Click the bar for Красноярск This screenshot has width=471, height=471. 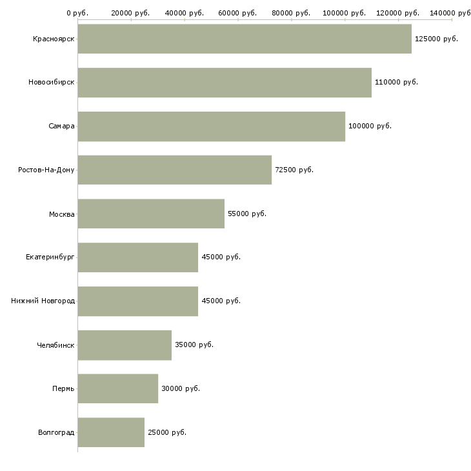point(244,39)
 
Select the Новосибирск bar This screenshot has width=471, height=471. point(224,83)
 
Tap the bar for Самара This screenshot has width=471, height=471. point(211,126)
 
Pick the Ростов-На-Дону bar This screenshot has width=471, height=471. point(174,170)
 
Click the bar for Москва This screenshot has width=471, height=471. point(151,214)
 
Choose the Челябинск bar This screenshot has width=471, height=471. point(125,345)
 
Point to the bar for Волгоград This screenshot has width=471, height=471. point(111,432)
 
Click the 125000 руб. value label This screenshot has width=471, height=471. point(436,39)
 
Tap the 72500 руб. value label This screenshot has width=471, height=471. point(294,170)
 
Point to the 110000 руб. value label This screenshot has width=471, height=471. point(396,83)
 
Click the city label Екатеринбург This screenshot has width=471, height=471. point(50,257)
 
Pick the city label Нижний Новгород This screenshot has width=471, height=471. point(43,301)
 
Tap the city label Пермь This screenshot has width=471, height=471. point(63,388)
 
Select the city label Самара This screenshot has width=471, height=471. point(61,126)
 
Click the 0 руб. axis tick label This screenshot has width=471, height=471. point(77,13)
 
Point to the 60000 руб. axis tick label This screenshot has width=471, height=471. point(237,13)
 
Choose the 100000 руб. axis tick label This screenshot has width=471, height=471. point(345,13)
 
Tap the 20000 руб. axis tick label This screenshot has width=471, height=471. point(130,13)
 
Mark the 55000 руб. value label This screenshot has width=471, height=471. point(247,214)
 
